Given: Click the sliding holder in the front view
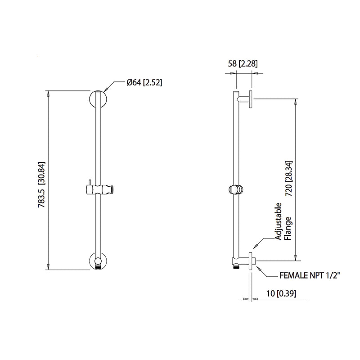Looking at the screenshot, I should tap(98, 189).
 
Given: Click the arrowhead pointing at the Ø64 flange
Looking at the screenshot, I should tap(107, 88).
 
